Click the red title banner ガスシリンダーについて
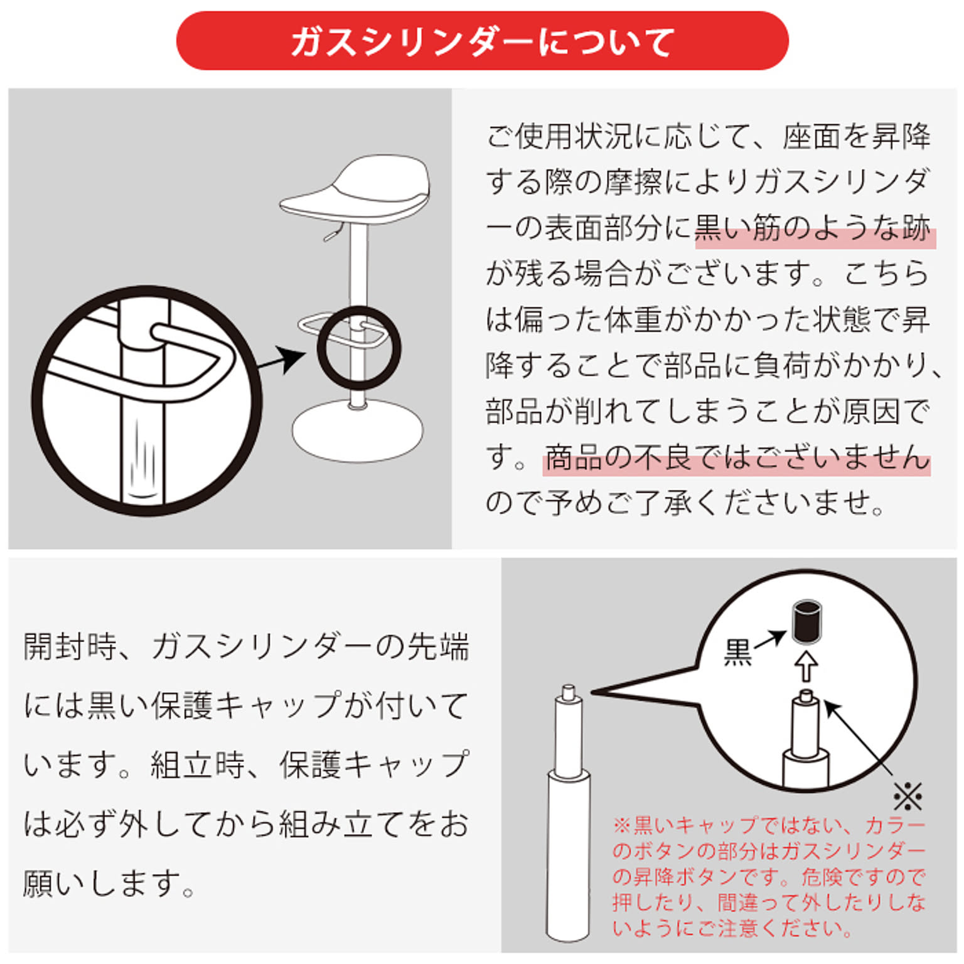[482, 40]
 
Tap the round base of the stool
[357, 431]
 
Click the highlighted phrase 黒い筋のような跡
[813, 228]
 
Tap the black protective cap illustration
[806, 621]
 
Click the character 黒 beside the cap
[738, 653]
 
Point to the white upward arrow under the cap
[806, 666]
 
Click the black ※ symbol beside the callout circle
[908, 797]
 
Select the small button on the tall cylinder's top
[569, 693]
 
